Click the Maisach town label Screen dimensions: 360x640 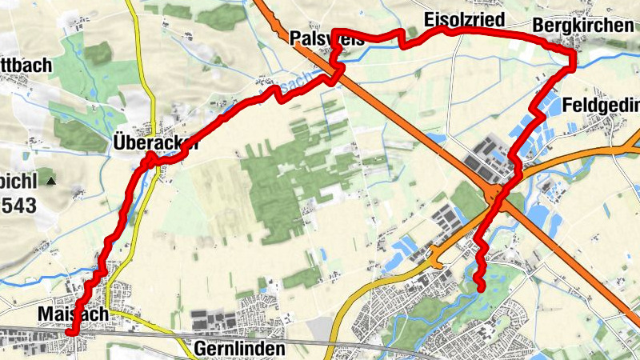coord(72,315)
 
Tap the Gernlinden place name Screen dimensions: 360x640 coord(239,350)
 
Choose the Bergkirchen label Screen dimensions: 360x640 coord(582,25)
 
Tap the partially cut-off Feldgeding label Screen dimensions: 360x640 coord(601,105)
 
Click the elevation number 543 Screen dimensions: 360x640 coord(18,206)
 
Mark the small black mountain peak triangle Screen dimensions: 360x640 coord(51,181)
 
